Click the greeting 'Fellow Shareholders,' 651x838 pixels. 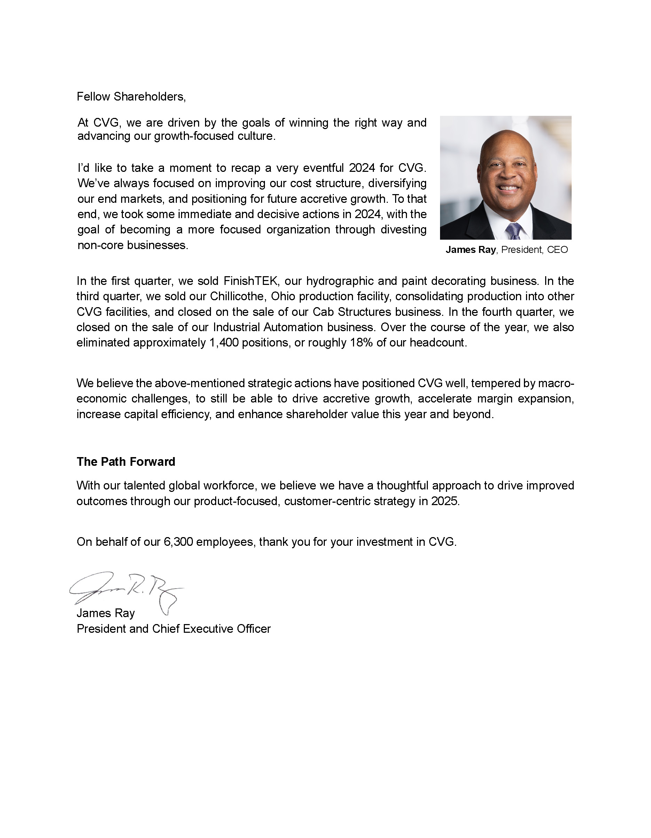pyautogui.click(x=131, y=97)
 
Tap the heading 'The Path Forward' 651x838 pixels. pyautogui.click(x=126, y=462)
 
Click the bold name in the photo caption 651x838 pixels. pyautogui.click(x=470, y=250)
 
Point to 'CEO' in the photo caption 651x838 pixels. pyautogui.click(x=557, y=250)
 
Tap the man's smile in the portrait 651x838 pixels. pyautogui.click(x=508, y=189)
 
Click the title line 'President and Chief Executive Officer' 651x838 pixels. pyautogui.click(x=174, y=629)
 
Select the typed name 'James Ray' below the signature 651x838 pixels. pyautogui.click(x=105, y=613)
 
